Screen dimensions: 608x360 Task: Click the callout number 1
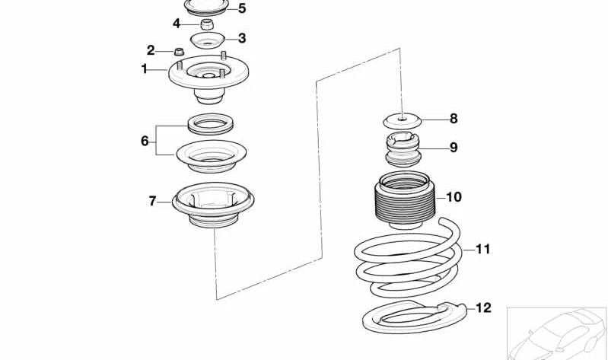pyautogui.click(x=145, y=69)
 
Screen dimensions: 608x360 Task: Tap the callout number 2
pyautogui.click(x=151, y=50)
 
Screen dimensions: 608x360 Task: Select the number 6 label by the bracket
pyautogui.click(x=145, y=141)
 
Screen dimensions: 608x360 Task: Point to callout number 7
pyautogui.click(x=152, y=201)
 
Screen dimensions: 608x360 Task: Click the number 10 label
pyautogui.click(x=454, y=197)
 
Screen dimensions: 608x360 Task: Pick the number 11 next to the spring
pyautogui.click(x=482, y=249)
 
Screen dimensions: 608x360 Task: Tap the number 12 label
pyautogui.click(x=483, y=308)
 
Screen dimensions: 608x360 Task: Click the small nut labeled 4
pyautogui.click(x=207, y=24)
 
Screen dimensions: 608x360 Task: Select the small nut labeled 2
pyautogui.click(x=179, y=51)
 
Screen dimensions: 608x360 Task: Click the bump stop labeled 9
pyautogui.click(x=403, y=149)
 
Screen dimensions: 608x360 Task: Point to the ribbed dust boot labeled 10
pyautogui.click(x=405, y=199)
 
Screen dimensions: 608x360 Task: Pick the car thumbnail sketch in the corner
pyautogui.click(x=557, y=333)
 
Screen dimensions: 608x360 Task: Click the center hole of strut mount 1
pyautogui.click(x=209, y=75)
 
